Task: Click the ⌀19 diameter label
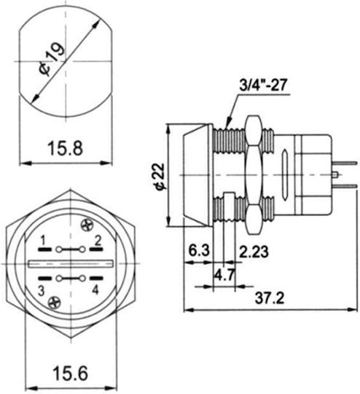coord(52,59)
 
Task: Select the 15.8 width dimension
coord(65,148)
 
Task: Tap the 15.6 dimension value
coord(70,373)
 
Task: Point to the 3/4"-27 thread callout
coord(262,85)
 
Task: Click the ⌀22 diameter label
coord(160,177)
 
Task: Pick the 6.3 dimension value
coord(199,250)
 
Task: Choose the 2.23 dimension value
coord(254,252)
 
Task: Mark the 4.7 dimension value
coord(224,275)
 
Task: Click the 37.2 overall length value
coord(270,298)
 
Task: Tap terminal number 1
coord(43,242)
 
